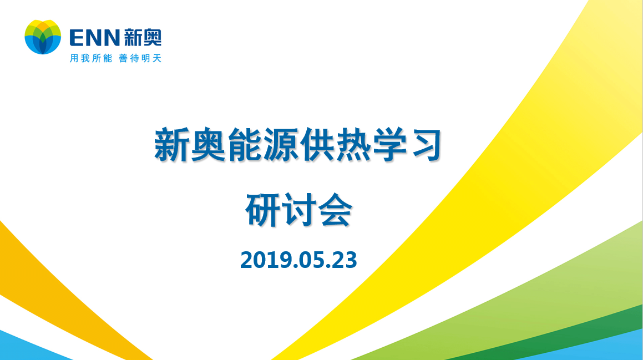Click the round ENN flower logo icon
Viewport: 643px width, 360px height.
[43, 37]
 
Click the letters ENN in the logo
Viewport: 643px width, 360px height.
[94, 38]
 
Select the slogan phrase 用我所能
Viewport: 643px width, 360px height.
[90, 58]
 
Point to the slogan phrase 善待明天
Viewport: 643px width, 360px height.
[140, 58]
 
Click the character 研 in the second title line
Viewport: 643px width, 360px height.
[263, 210]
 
